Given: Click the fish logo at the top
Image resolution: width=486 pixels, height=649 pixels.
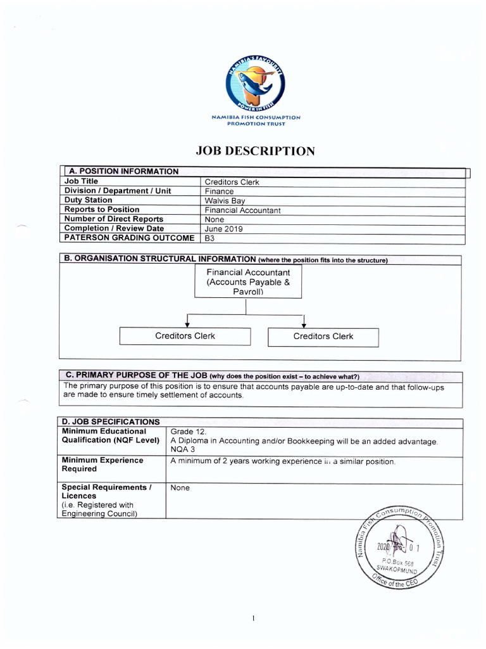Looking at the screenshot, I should (x=255, y=82).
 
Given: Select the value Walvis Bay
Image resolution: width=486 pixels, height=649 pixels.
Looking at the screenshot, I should (x=225, y=200).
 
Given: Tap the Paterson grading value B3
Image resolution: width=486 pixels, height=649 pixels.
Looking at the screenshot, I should (x=210, y=238).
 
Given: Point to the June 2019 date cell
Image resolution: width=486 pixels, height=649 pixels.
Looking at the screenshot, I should (x=223, y=229).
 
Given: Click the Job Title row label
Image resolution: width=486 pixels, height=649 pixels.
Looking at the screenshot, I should (x=81, y=181).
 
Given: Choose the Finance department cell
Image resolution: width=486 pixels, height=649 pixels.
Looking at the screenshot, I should (x=219, y=191).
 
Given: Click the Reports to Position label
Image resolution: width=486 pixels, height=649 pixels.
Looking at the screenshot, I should (x=102, y=209).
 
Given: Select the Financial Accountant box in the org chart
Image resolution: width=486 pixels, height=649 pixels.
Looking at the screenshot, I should (x=248, y=281).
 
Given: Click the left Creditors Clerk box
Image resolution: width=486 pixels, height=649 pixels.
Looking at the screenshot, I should (x=185, y=336).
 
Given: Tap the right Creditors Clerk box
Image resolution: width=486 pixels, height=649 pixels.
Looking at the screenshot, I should (x=323, y=337).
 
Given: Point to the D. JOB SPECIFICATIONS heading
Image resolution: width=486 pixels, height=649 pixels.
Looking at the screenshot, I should (x=110, y=421).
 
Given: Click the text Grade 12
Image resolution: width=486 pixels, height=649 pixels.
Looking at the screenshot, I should (x=184, y=432).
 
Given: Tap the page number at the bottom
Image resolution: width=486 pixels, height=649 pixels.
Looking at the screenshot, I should (x=252, y=619).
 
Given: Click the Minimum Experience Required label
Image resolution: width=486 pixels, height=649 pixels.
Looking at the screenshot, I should (x=102, y=465).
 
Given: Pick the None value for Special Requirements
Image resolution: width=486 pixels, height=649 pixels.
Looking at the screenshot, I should (x=180, y=488).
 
